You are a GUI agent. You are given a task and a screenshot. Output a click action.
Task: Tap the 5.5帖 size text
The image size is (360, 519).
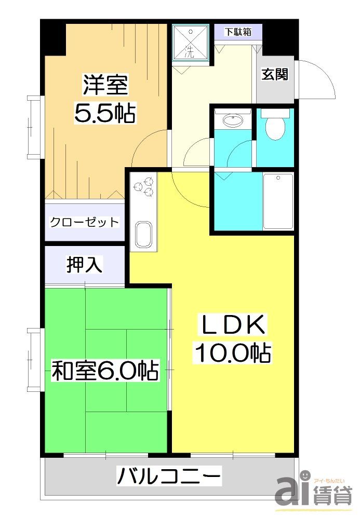(x=105, y=113)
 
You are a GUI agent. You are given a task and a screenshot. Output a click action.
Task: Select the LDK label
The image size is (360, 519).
(x=233, y=325)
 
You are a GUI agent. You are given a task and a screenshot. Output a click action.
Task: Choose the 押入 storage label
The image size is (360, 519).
(x=84, y=265)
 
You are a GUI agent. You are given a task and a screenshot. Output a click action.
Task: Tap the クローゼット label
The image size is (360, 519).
(x=84, y=223)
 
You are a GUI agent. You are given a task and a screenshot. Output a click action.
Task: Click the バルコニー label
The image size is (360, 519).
(x=169, y=475)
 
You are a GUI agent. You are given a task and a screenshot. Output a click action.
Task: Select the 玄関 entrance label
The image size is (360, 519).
(x=274, y=74)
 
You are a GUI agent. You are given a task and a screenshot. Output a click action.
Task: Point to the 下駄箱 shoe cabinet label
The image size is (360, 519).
(x=238, y=32)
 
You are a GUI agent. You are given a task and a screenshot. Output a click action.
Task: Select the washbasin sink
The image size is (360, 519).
(x=232, y=121)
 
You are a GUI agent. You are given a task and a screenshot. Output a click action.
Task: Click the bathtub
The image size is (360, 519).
(x=278, y=201)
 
